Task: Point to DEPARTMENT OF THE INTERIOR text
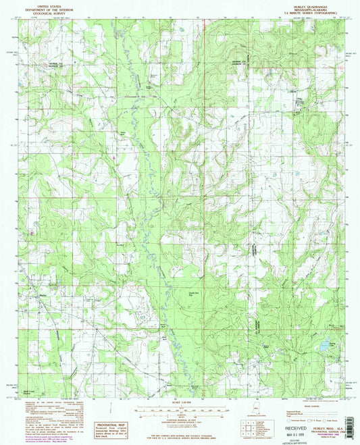44,9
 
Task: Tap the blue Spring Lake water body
325,345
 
